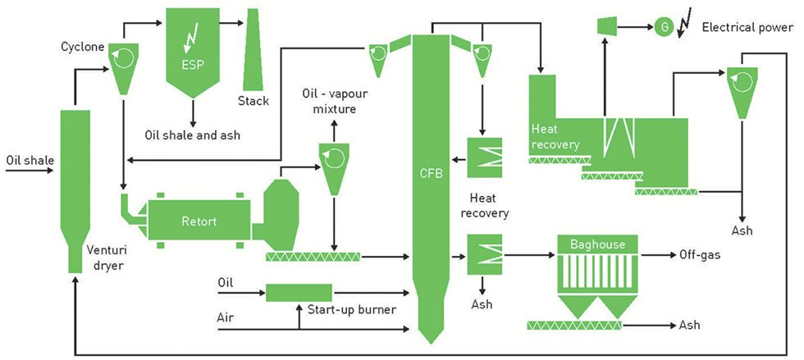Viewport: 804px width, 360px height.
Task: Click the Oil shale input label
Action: point(30,159)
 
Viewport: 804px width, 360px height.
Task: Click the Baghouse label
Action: point(597,244)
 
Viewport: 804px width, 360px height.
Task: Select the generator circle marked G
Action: point(665,26)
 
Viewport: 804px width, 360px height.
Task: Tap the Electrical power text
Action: point(747,27)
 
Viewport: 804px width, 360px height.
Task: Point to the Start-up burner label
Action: point(351,309)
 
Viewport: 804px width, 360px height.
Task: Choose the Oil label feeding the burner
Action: point(226,282)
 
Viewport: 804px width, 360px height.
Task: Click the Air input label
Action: point(226,316)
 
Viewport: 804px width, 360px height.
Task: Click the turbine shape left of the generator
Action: point(605,27)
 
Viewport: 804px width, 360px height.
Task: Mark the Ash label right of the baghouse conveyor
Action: point(690,326)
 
